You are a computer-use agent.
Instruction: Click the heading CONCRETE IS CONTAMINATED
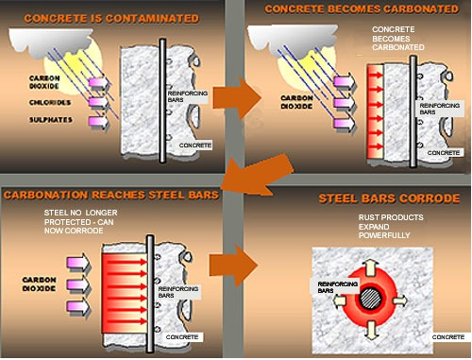pyautogui.click(x=111, y=19)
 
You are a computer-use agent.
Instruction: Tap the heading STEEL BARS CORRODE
pyautogui.click(x=389, y=198)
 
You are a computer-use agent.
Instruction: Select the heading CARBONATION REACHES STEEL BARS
pyautogui.click(x=111, y=195)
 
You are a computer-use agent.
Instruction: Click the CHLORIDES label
pyautogui.click(x=50, y=103)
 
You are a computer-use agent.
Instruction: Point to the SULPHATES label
pyautogui.click(x=51, y=120)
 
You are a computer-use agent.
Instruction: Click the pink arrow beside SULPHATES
pyautogui.click(x=99, y=122)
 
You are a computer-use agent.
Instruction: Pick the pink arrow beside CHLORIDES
pyautogui.click(x=99, y=102)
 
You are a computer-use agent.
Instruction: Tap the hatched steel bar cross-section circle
pyautogui.click(x=370, y=299)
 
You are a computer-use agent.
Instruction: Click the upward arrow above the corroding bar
pyautogui.click(x=371, y=266)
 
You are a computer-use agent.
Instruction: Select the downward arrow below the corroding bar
pyautogui.click(x=372, y=331)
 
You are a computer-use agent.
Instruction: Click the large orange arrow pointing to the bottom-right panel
pyautogui.click(x=233, y=265)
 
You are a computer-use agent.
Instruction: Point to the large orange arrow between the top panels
pyautogui.click(x=237, y=98)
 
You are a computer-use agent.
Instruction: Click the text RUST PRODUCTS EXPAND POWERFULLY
pyautogui.click(x=391, y=227)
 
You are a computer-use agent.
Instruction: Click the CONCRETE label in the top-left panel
pyautogui.click(x=195, y=146)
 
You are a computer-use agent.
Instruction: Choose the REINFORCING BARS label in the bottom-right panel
pyautogui.click(x=337, y=287)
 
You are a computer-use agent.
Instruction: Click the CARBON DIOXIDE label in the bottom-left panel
pyautogui.click(x=39, y=284)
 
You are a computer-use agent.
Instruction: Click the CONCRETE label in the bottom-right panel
pyautogui.click(x=448, y=337)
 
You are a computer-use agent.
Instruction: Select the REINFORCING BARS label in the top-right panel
pyautogui.click(x=440, y=109)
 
